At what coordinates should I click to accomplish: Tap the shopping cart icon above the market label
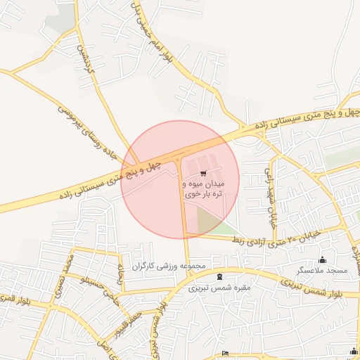[x=203, y=172]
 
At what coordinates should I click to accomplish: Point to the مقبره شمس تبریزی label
[x=219, y=288]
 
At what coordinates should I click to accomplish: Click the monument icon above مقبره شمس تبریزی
[x=220, y=276]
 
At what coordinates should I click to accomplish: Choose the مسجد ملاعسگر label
[x=322, y=271]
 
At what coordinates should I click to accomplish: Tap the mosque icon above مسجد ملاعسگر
[x=323, y=259]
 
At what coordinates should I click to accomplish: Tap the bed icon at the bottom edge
[x=224, y=352]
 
